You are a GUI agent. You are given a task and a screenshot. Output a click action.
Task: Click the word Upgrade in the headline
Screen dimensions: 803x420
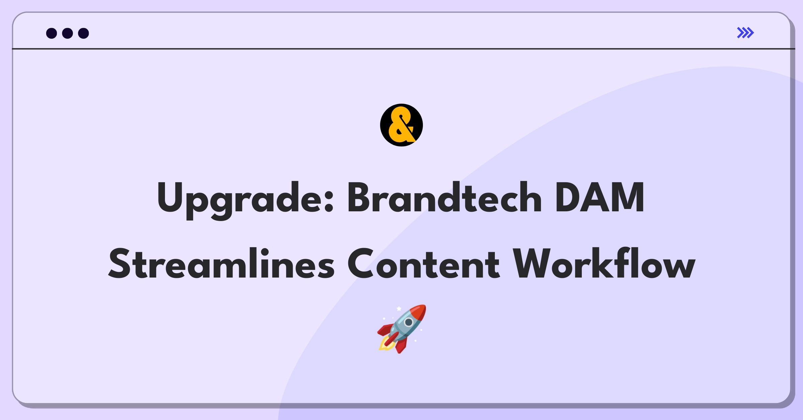click(x=246, y=199)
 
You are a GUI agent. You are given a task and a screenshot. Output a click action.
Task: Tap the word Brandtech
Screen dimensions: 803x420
click(x=445, y=197)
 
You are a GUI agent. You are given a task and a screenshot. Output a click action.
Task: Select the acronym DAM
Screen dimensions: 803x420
click(x=599, y=198)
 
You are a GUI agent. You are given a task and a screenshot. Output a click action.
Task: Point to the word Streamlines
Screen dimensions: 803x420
click(x=221, y=264)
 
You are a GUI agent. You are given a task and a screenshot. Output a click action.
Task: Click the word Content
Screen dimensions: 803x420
click(x=424, y=264)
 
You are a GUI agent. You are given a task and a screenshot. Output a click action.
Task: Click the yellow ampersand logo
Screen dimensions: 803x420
click(x=401, y=125)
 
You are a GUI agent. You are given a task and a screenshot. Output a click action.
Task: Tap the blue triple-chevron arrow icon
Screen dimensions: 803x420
click(x=745, y=33)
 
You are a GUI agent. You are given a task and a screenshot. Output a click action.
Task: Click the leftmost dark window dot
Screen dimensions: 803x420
click(x=52, y=33)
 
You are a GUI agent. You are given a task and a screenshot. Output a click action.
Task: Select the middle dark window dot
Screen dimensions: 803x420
click(x=68, y=33)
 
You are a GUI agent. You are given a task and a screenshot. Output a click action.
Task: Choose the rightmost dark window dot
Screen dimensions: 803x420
click(x=84, y=33)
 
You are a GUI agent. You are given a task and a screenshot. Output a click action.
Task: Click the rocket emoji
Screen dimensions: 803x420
click(x=402, y=329)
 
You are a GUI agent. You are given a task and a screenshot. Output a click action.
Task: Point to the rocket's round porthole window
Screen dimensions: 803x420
click(x=409, y=322)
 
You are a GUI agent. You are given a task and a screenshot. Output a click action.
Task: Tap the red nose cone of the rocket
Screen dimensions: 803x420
click(x=418, y=312)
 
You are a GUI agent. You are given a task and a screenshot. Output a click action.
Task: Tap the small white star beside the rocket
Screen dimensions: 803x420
click(x=399, y=308)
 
